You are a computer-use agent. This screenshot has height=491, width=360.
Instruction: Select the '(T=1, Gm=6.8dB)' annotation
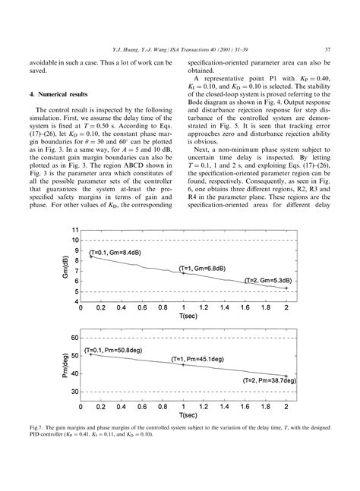click(201, 269)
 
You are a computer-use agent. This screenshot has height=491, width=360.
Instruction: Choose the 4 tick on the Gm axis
click(76, 302)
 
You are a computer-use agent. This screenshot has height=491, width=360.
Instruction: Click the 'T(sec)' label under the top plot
click(183, 318)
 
